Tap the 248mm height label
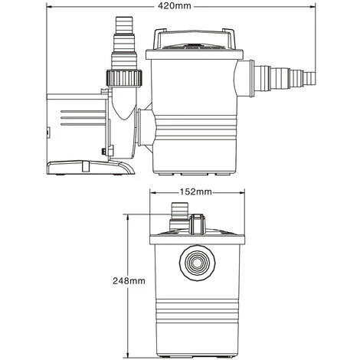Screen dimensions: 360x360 128,280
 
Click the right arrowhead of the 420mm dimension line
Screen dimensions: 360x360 316,6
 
